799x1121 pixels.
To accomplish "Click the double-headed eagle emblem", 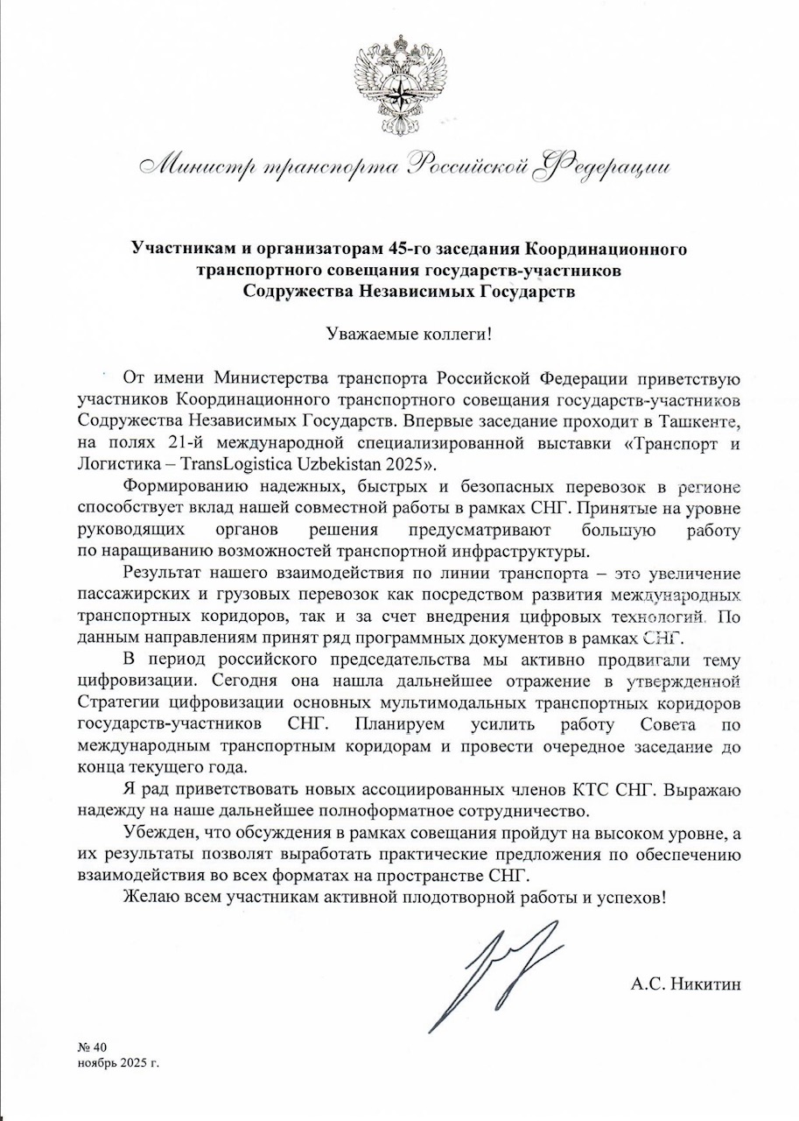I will [399, 86].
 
